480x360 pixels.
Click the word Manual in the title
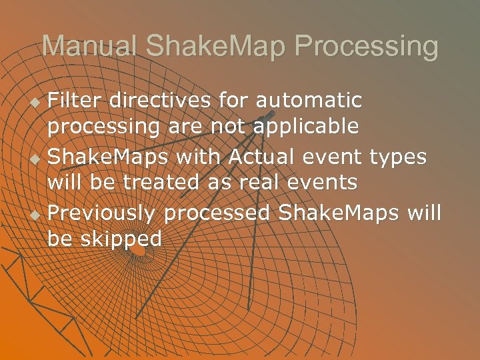click(x=89, y=47)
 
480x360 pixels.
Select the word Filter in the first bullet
click(x=75, y=101)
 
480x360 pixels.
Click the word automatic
click(x=309, y=101)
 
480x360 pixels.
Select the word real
click(x=249, y=182)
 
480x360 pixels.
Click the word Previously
click(x=102, y=214)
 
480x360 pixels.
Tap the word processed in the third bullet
click(x=217, y=214)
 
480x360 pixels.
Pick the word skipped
click(x=121, y=239)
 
